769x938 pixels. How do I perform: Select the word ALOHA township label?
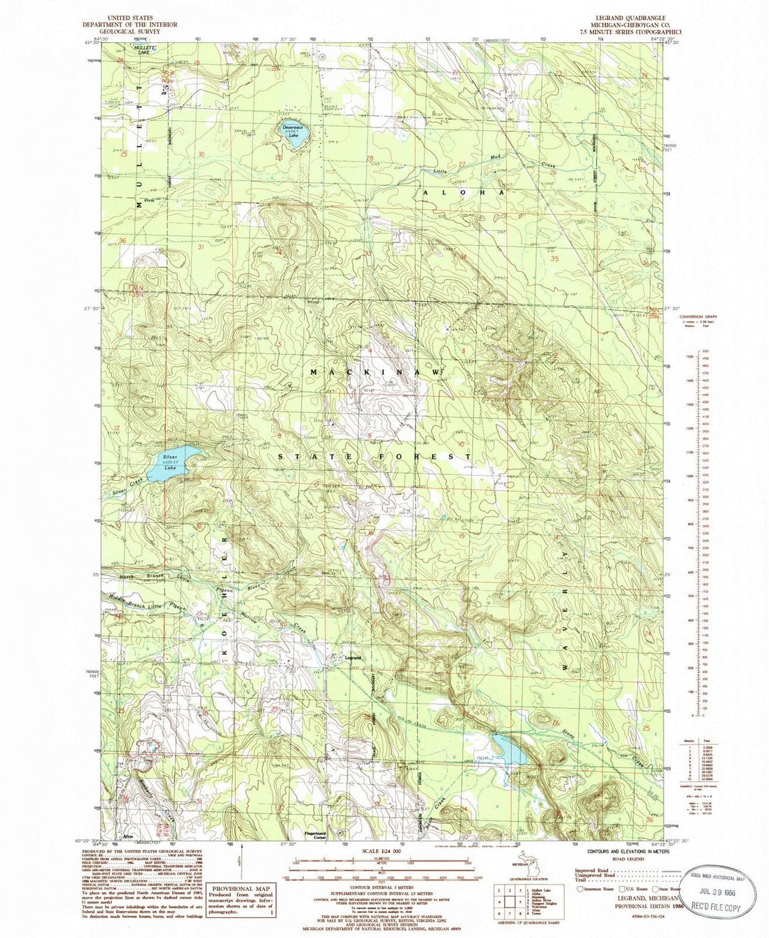464,193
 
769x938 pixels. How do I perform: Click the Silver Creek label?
127,484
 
